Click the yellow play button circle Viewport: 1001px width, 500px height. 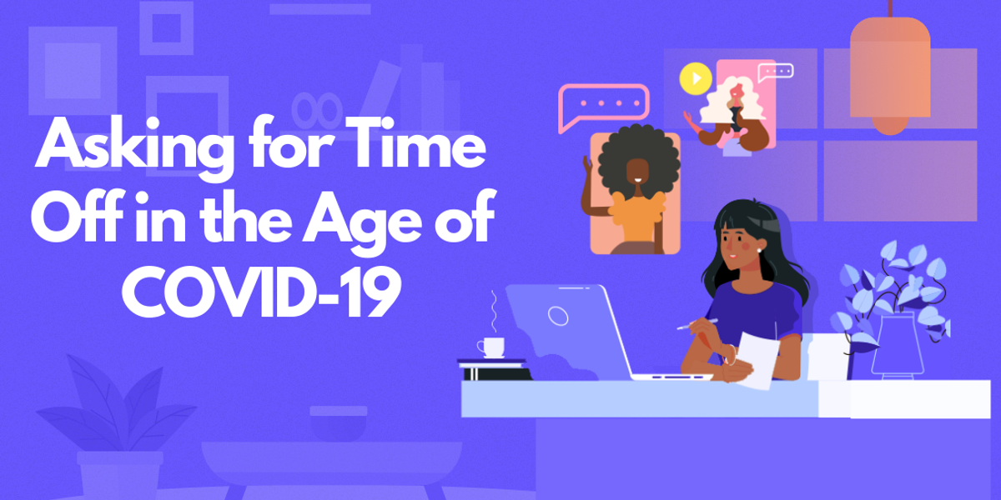695,78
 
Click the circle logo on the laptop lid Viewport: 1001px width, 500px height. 557,315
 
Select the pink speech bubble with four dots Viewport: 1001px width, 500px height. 603,106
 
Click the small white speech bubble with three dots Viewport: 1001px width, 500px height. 775,72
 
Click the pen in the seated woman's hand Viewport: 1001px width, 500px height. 697,325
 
